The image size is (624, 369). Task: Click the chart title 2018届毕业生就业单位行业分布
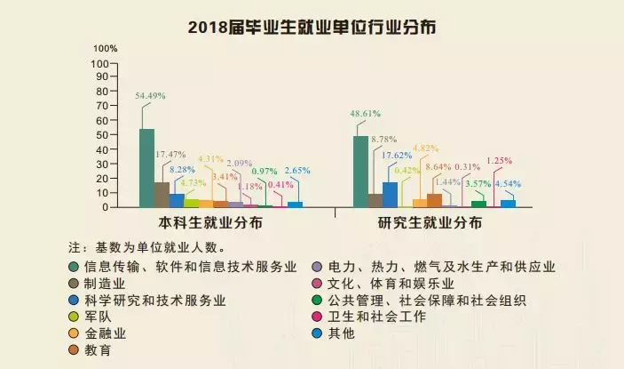(x=312, y=27)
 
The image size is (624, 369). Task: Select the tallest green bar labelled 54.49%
(x=146, y=168)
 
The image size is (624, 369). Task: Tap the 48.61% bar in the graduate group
(x=360, y=172)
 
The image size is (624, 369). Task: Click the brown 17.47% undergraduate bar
(x=162, y=195)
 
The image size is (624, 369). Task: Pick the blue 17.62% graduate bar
(x=390, y=195)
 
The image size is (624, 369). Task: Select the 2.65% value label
(x=297, y=170)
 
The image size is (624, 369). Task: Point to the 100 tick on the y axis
(x=99, y=63)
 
